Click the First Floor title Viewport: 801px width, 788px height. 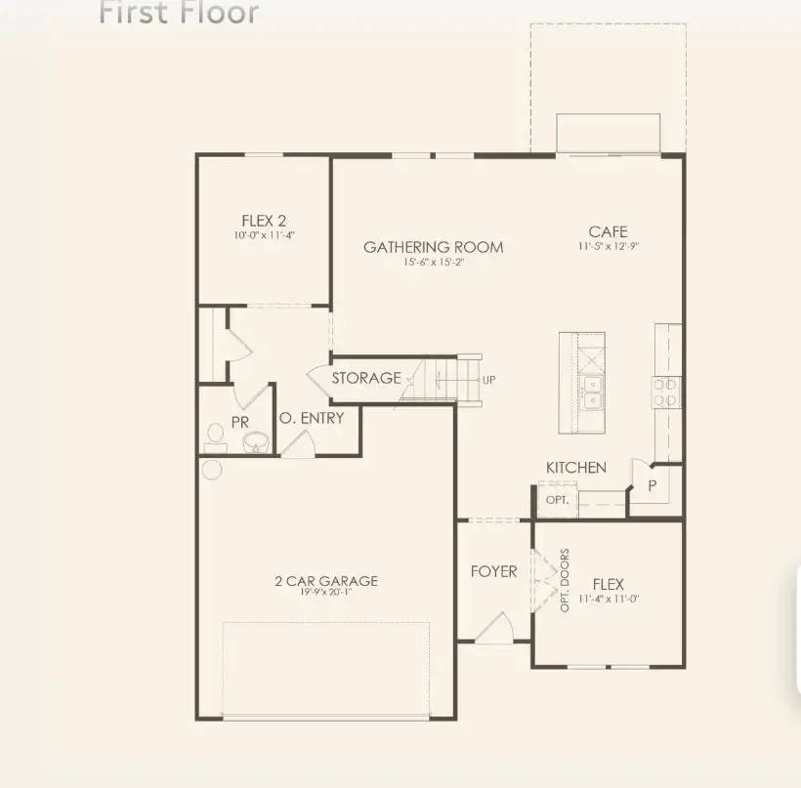180,13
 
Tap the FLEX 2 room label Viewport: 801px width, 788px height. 264,221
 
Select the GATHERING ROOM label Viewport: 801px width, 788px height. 434,247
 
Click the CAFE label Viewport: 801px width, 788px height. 607,231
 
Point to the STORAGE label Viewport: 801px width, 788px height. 366,378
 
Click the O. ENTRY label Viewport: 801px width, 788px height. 311,418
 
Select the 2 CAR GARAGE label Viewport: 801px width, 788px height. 325,581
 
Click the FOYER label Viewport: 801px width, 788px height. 493,571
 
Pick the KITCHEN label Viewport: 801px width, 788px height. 576,468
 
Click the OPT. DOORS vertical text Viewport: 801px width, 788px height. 565,581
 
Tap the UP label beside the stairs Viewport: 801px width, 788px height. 489,379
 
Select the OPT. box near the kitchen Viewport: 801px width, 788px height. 557,499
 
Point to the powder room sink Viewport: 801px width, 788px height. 257,443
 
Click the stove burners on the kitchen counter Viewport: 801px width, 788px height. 665,392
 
